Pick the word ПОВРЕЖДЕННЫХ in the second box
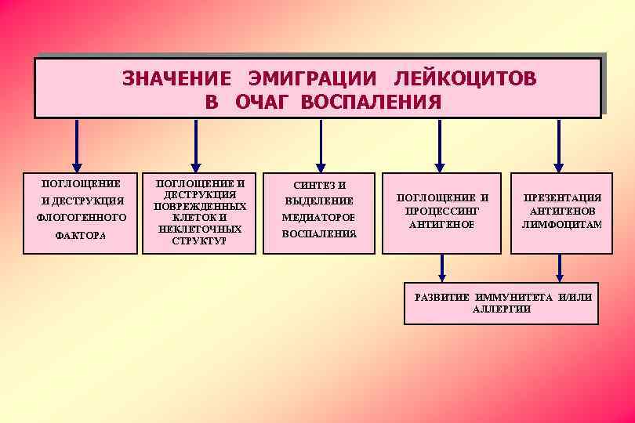click(200, 206)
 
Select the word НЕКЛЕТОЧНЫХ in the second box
click(200, 229)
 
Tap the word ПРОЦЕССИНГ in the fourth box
click(441, 211)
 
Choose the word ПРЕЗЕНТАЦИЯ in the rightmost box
click(562, 197)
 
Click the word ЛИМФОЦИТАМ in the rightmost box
click(562, 224)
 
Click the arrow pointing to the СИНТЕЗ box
click(320, 145)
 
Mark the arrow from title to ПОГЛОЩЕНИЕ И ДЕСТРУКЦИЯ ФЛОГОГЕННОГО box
click(77, 145)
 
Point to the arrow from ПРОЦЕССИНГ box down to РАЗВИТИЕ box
click(443, 267)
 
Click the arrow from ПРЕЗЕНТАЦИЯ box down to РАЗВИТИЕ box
click(560, 267)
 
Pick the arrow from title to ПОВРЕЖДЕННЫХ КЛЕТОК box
click(196, 145)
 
